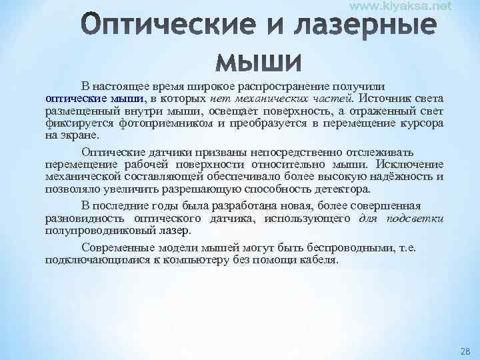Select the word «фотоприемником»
pyautogui.click(x=182, y=123)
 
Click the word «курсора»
pyautogui.click(x=420, y=123)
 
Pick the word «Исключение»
pyautogui.click(x=409, y=164)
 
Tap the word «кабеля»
pyautogui.click(x=319, y=259)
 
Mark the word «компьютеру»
pyautogui.click(x=189, y=259)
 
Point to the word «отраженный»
pyautogui.click(x=386, y=110)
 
